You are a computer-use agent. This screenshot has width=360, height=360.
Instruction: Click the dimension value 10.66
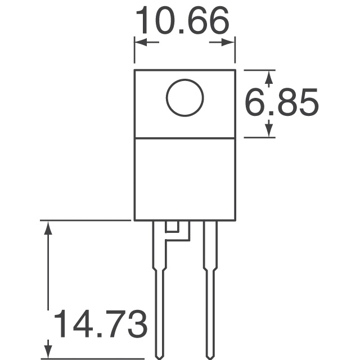pyautogui.click(x=183, y=21)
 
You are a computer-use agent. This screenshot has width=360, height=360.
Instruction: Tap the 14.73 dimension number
pyautogui.click(x=100, y=325)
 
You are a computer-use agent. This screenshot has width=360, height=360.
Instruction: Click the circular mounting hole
pyautogui.click(x=184, y=97)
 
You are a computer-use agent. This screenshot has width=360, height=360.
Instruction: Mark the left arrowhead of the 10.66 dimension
pyautogui.click(x=139, y=43)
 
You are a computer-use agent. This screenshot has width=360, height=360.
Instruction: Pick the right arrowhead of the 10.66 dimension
pyautogui.click(x=229, y=43)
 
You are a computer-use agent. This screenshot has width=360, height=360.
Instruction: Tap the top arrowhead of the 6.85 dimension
pyautogui.click(x=269, y=75)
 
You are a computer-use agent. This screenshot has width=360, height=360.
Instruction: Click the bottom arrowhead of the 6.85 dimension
pyautogui.click(x=269, y=132)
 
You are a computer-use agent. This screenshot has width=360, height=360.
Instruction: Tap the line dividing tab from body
pyautogui.click(x=184, y=138)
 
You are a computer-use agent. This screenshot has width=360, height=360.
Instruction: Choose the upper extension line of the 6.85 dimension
pyautogui.click(x=259, y=70)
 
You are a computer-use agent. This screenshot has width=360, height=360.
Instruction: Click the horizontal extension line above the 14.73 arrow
pyautogui.click(x=84, y=220)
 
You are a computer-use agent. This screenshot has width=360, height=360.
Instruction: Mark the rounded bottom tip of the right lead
pyautogui.click(x=210, y=355)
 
